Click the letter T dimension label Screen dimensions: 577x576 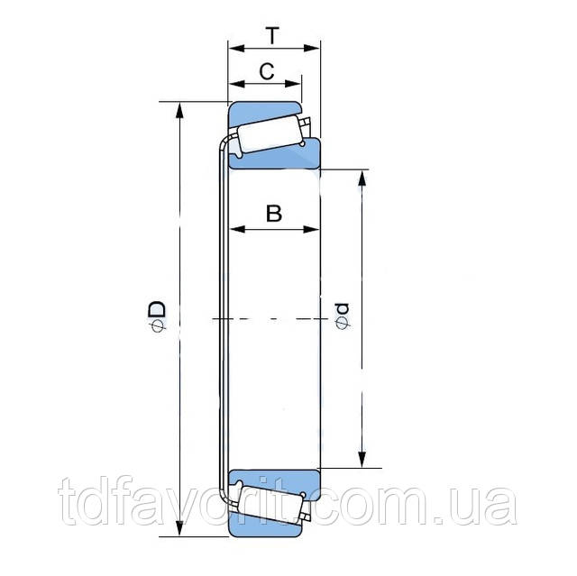pos(272,35)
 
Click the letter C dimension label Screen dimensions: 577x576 pos(267,71)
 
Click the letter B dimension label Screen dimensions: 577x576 pos(274,214)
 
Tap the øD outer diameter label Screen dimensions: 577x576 pos(157,316)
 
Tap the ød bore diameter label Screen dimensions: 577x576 pos(342,316)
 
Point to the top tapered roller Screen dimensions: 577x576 pos(270,133)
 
